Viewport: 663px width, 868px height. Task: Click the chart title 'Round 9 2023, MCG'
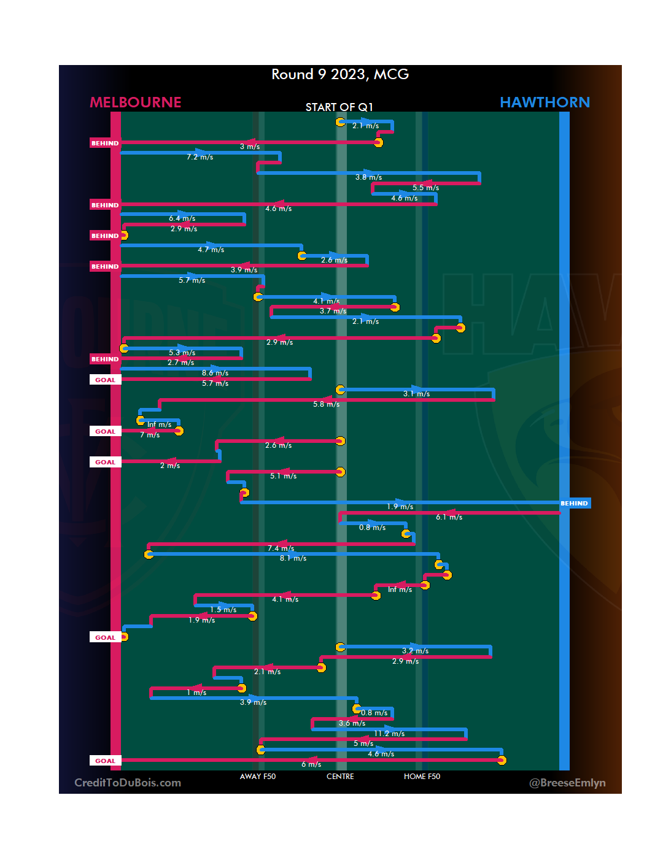[x=340, y=74]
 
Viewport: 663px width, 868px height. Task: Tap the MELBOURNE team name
[x=136, y=102]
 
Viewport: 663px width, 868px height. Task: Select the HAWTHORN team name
[x=545, y=102]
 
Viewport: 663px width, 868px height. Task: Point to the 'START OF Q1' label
[x=339, y=107]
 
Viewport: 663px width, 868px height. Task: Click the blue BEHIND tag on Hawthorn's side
[x=575, y=504]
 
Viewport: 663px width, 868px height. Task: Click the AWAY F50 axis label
[x=258, y=777]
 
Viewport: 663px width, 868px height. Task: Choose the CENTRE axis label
[x=340, y=777]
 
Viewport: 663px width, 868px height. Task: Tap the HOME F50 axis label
[x=422, y=777]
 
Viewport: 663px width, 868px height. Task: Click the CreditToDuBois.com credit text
[x=128, y=783]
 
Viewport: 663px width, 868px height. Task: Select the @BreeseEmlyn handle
[x=567, y=783]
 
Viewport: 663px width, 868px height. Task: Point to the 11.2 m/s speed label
[x=389, y=734]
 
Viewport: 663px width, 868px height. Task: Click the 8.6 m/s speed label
[x=215, y=373]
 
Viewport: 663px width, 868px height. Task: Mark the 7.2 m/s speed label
[x=200, y=157]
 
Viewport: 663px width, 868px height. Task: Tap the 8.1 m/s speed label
[x=293, y=558]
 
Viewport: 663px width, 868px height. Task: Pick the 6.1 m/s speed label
[x=449, y=517]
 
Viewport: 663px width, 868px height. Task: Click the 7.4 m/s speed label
[x=281, y=548]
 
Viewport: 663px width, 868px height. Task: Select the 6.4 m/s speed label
[x=182, y=218]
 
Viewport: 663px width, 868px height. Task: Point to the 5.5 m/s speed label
[x=425, y=188]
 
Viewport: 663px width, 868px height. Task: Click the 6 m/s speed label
[x=311, y=764]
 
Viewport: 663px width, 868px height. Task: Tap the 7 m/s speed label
[x=150, y=435]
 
